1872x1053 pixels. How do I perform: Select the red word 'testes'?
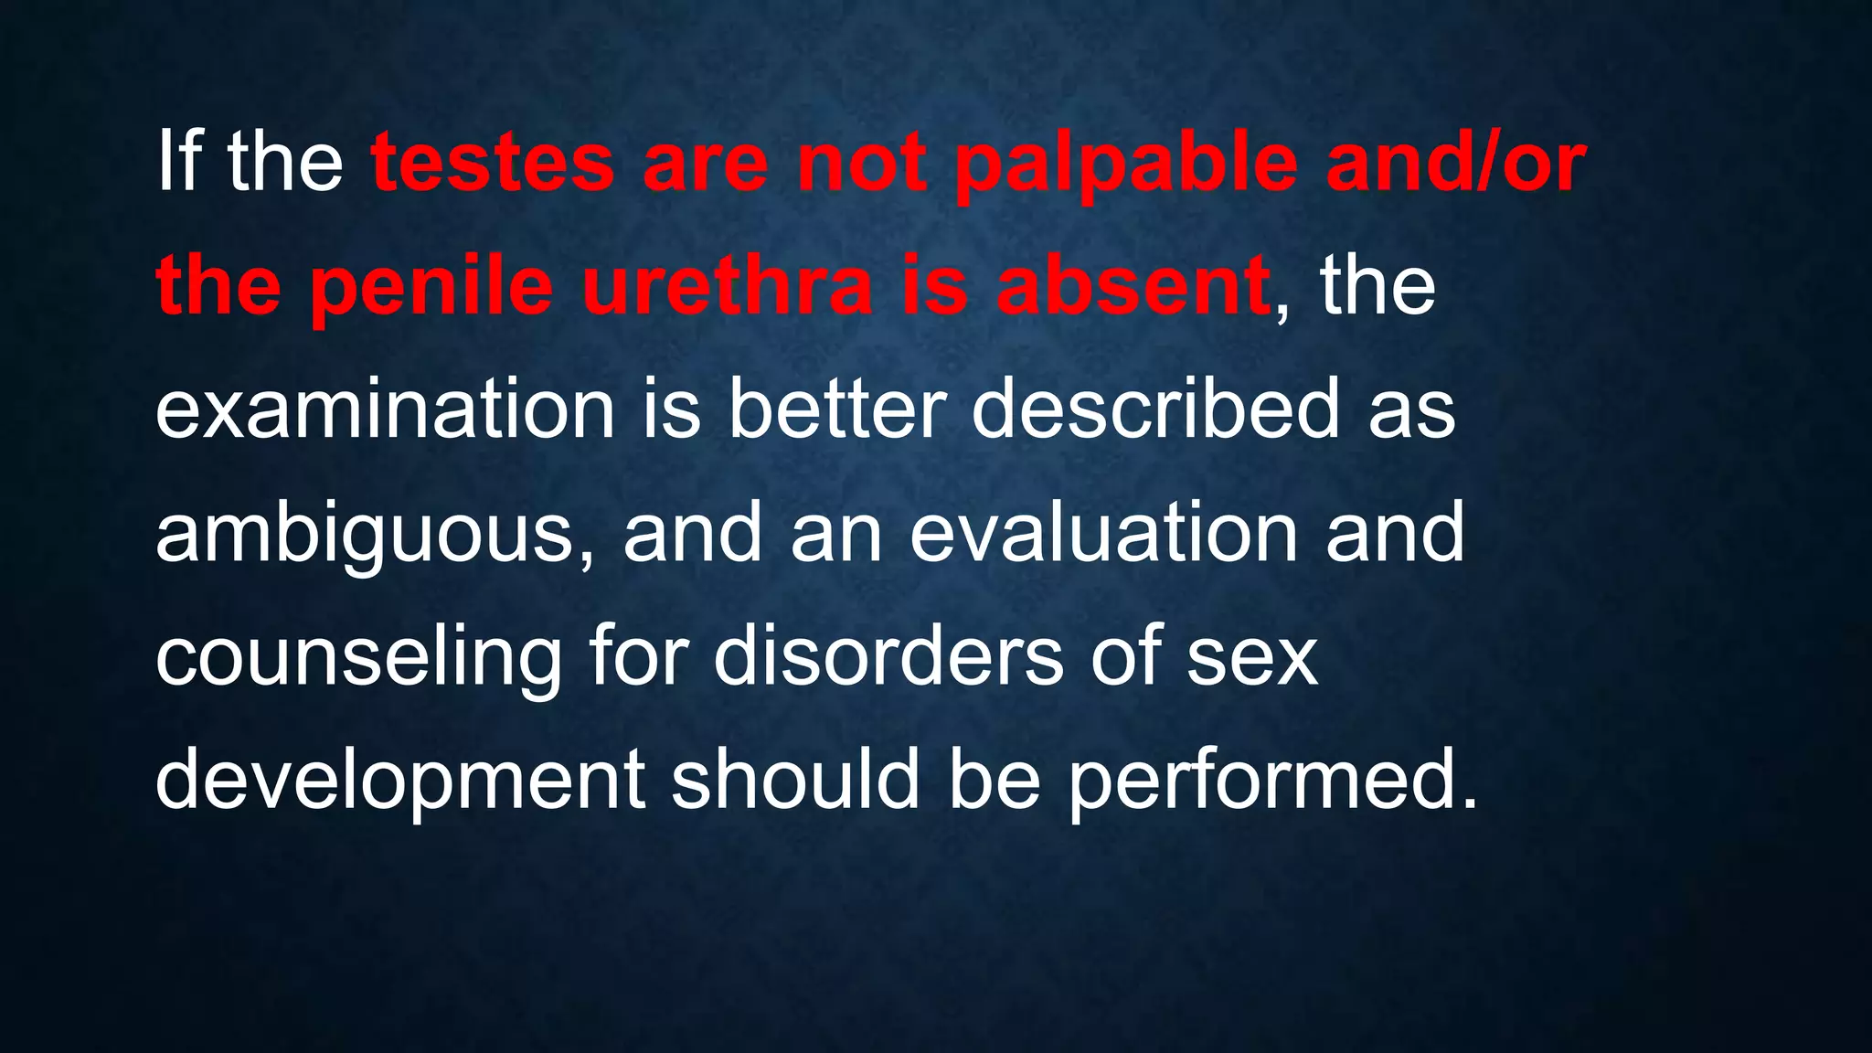click(x=493, y=163)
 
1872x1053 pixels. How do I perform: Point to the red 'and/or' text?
click(x=1456, y=163)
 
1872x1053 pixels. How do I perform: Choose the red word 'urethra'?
click(x=727, y=287)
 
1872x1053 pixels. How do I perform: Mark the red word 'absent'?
click(x=1133, y=287)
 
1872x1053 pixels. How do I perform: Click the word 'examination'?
click(x=385, y=409)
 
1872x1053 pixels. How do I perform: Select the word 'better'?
click(x=836, y=409)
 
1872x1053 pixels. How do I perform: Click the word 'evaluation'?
click(x=1104, y=532)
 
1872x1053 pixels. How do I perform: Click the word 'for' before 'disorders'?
click(x=636, y=655)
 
